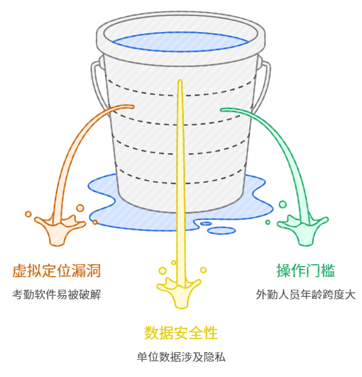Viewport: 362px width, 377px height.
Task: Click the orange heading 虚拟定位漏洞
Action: (56, 271)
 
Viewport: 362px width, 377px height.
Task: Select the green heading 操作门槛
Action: (306, 271)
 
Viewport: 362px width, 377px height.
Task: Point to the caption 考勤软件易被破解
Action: (56, 294)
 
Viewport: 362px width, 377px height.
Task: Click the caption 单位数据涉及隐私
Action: (181, 357)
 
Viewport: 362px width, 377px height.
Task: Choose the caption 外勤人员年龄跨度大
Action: (306, 294)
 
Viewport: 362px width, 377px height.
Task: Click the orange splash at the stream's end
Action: (56, 229)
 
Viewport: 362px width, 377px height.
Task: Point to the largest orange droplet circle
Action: (80, 208)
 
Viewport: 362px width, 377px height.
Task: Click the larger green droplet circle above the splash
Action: (282, 204)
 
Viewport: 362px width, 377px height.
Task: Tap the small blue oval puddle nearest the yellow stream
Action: (206, 224)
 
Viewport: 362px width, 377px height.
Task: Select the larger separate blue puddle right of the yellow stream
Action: (221, 230)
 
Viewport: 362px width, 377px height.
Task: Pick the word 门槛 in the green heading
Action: (320, 271)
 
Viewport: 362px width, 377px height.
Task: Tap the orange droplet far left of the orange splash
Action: (28, 214)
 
